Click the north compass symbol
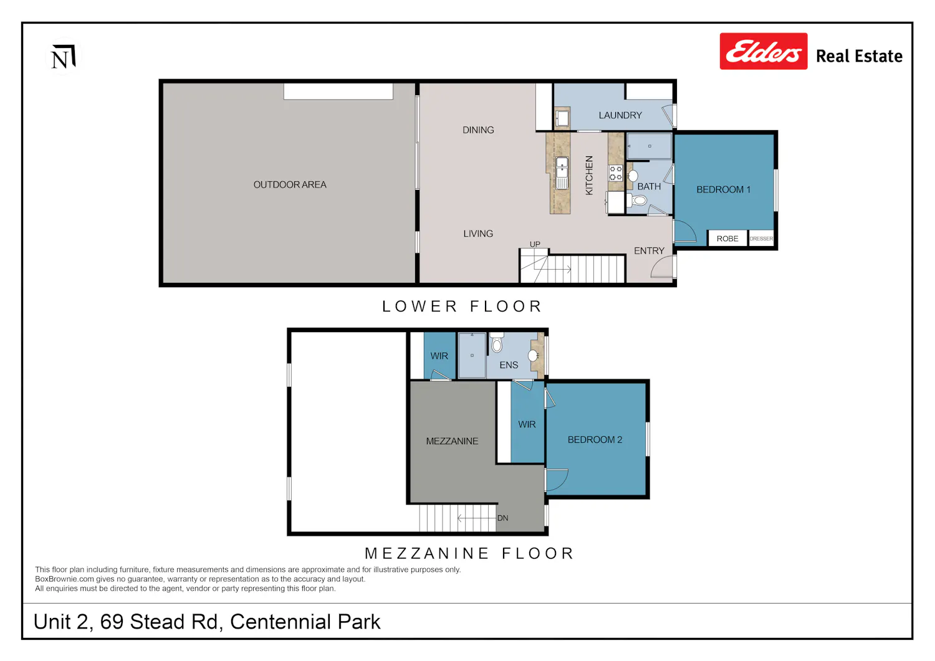pyautogui.click(x=64, y=56)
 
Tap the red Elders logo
pyautogui.click(x=764, y=51)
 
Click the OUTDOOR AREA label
pyautogui.click(x=290, y=184)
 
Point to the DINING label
pyautogui.click(x=478, y=130)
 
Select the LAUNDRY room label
pyautogui.click(x=620, y=115)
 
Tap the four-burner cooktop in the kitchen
pyautogui.click(x=616, y=173)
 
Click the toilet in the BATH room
pyautogui.click(x=637, y=201)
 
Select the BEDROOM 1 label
pyautogui.click(x=723, y=189)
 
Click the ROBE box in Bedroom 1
pyautogui.click(x=727, y=238)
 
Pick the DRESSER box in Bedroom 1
pyautogui.click(x=761, y=238)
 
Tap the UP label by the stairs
pyautogui.click(x=535, y=244)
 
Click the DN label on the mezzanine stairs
pyautogui.click(x=502, y=518)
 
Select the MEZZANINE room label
pyautogui.click(x=452, y=441)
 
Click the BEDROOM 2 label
pyautogui.click(x=595, y=439)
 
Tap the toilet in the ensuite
pyautogui.click(x=496, y=343)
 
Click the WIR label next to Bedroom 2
pyautogui.click(x=527, y=424)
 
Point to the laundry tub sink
pyautogui.click(x=562, y=118)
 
